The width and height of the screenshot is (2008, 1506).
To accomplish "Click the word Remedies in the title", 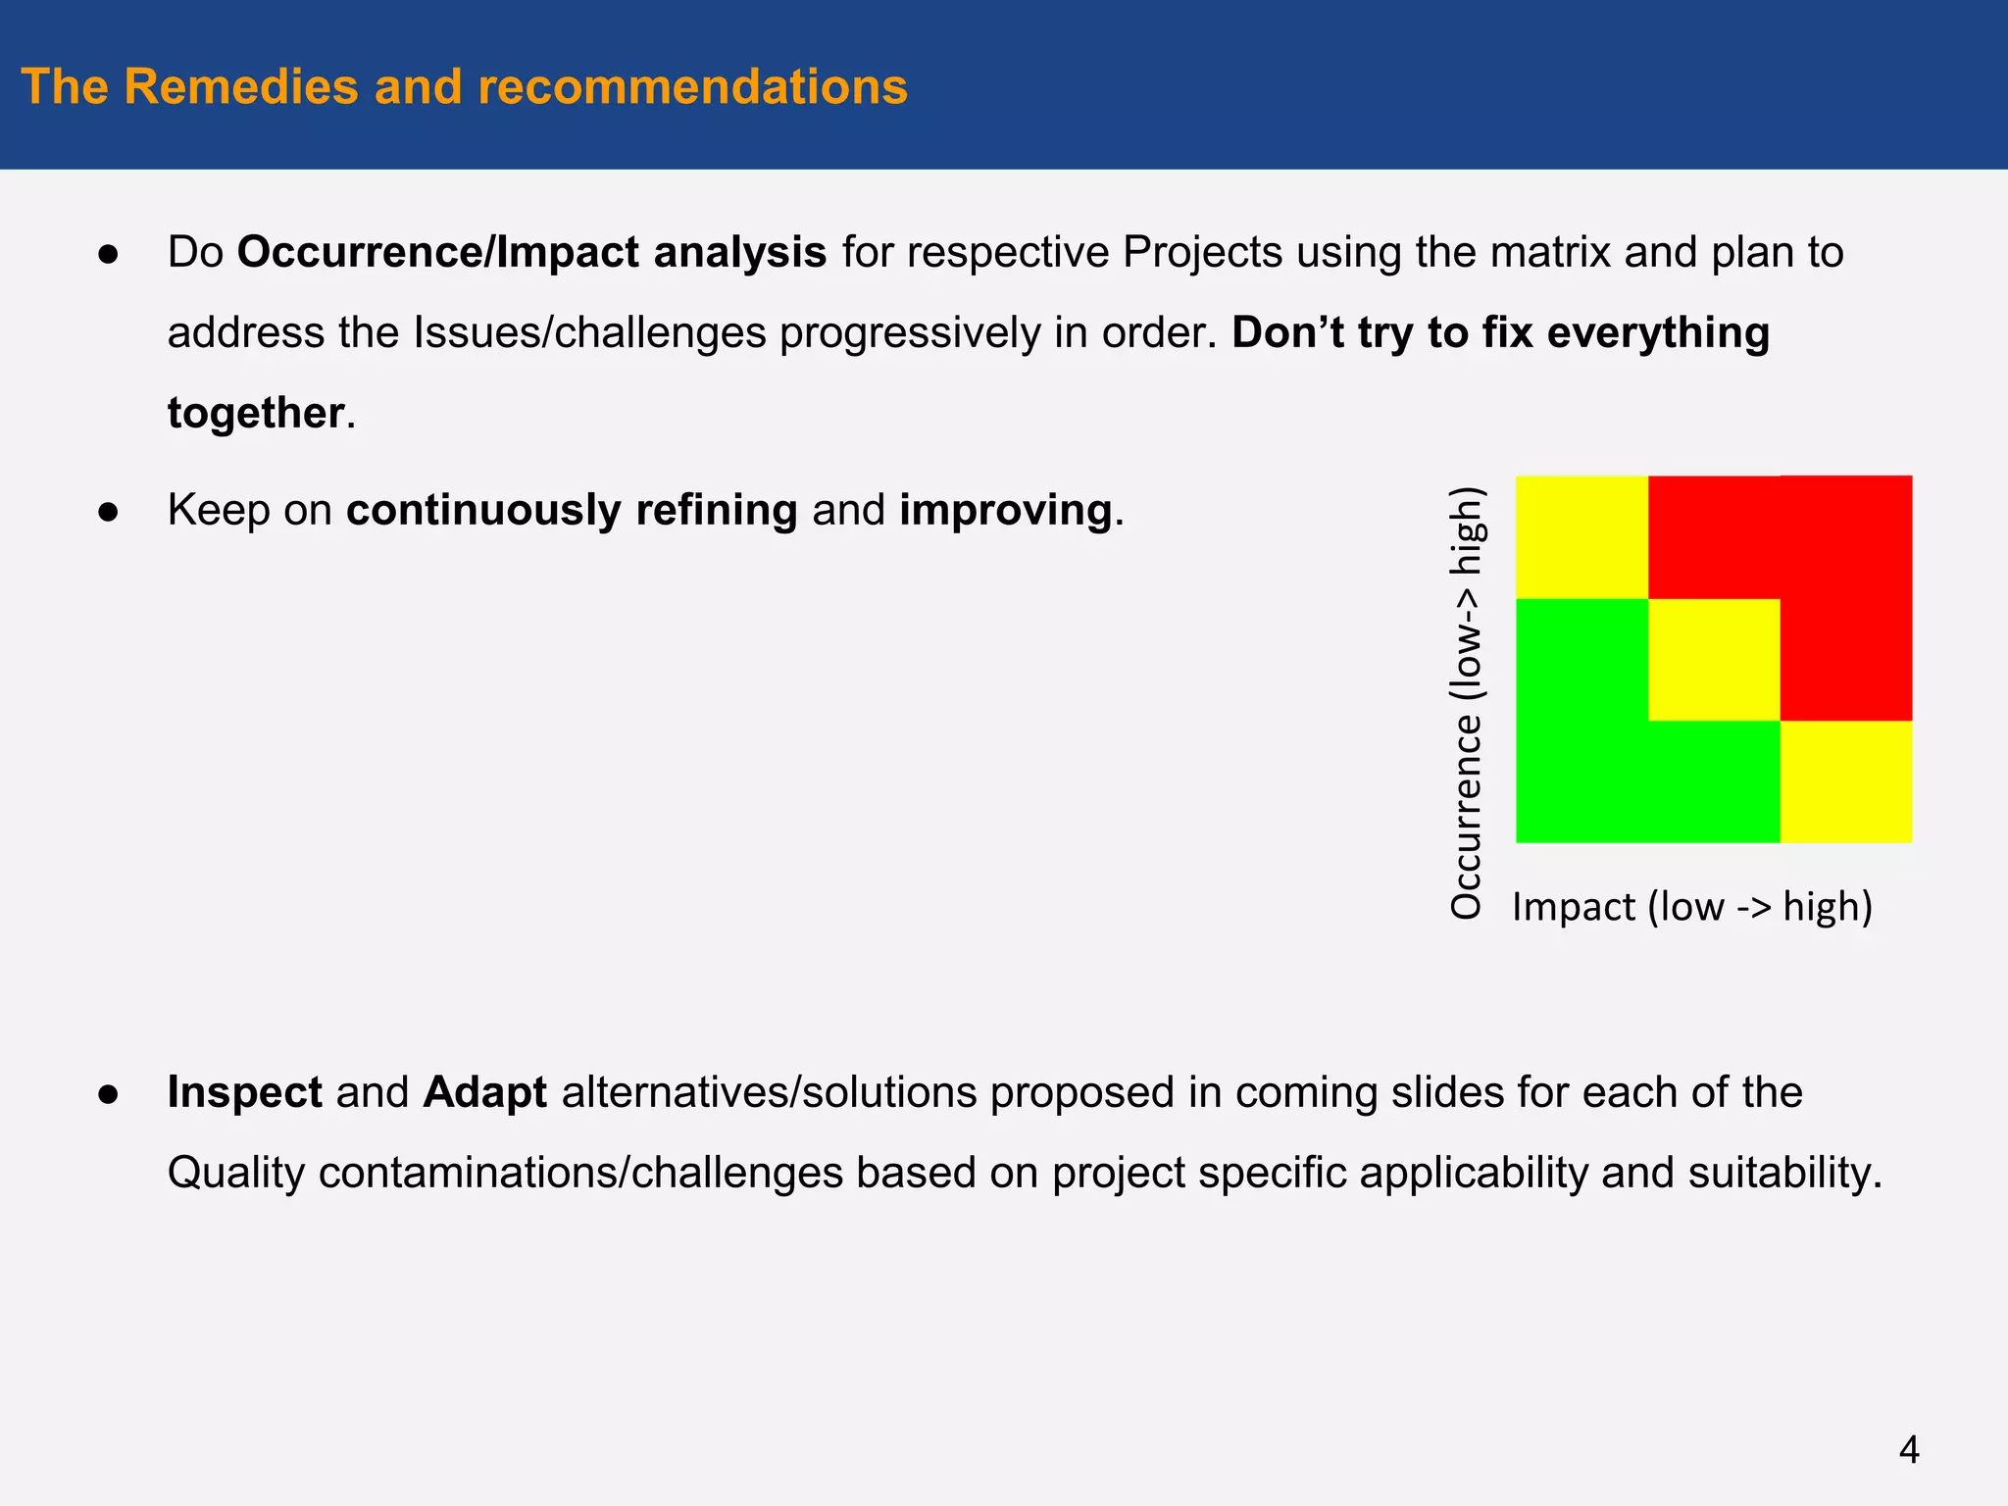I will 242,86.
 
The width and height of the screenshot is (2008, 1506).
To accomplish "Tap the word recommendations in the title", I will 692,86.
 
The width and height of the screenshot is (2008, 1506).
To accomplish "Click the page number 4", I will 1908,1449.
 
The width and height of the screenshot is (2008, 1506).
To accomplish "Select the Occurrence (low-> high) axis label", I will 1467,702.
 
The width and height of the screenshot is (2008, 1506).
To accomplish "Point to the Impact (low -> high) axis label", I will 1692,907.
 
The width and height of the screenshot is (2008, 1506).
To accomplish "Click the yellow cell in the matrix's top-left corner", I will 1581,537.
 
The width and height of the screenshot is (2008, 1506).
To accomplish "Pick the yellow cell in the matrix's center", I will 1714,660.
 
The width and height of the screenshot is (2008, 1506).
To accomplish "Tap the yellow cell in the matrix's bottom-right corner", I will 1846,781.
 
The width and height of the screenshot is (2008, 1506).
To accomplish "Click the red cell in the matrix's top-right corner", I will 1846,537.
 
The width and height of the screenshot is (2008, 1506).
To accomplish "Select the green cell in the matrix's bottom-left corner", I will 1581,781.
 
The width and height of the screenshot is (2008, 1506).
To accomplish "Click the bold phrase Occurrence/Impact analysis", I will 531,253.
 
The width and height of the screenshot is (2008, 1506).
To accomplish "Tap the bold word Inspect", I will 244,1092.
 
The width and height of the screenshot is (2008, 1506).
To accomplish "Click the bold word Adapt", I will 484,1092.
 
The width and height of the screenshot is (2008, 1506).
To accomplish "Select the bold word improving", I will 1005,511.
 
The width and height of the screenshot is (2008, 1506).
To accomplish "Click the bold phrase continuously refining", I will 572,511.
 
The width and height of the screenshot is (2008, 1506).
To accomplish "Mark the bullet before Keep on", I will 108,512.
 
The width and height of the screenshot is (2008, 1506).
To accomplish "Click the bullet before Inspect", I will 108,1094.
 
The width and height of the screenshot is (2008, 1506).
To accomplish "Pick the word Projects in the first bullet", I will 1202,253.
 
